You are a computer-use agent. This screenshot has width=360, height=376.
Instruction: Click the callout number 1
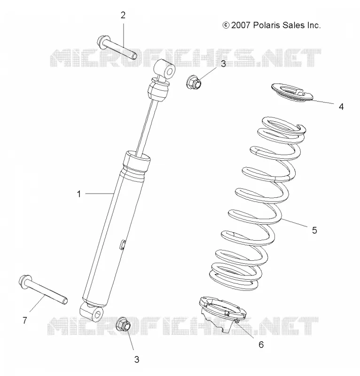coord(79,194)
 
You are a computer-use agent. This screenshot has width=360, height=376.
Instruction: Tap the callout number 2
coord(123,16)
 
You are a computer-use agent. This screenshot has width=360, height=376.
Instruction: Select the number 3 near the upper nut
coord(223,64)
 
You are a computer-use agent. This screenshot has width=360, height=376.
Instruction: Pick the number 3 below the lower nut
coord(136,360)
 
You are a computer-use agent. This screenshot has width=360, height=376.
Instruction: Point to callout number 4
coord(341,107)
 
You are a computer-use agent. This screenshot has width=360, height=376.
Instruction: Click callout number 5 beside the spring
coord(314,230)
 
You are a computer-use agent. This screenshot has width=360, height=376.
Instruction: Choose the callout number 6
coord(261,345)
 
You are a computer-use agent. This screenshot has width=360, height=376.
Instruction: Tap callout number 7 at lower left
coord(25,320)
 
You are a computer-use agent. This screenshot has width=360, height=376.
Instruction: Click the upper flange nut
coord(194,82)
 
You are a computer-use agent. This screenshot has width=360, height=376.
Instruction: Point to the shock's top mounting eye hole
coord(170,71)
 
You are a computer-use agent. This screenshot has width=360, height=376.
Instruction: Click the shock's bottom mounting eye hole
coord(98,314)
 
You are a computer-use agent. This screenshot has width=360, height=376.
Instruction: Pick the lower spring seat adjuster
coord(222,313)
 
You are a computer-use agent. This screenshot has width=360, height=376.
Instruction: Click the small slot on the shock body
coord(122,244)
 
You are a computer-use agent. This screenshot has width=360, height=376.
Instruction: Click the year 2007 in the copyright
coord(241,25)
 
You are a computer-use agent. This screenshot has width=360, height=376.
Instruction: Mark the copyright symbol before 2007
coord(226,25)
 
